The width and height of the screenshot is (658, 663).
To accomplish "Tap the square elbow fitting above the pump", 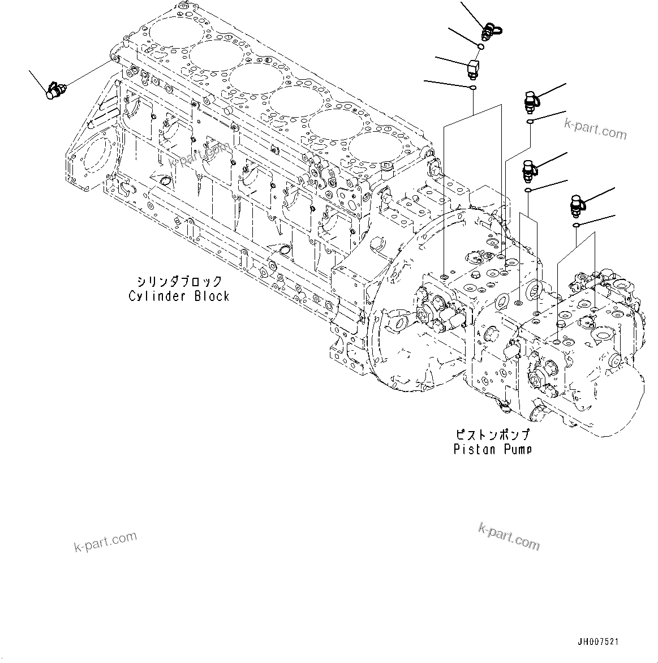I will [x=473, y=68].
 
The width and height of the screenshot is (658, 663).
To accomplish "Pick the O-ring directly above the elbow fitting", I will [x=480, y=47].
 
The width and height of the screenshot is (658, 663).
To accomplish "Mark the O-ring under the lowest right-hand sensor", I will [x=576, y=226].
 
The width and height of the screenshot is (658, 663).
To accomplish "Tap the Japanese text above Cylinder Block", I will [x=179, y=281].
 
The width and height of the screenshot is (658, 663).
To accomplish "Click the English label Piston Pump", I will [x=492, y=449].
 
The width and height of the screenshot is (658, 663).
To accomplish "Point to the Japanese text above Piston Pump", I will [x=492, y=435].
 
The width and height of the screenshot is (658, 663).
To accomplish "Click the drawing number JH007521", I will [x=597, y=642].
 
